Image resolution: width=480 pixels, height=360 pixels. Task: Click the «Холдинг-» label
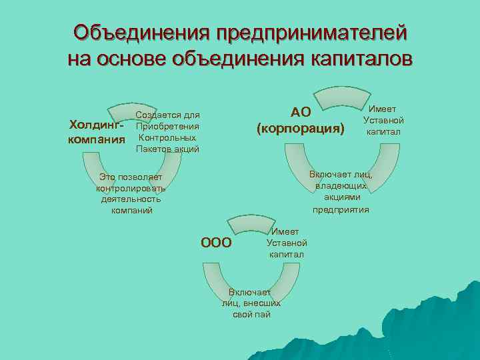point(97,125)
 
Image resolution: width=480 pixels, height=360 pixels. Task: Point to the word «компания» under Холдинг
point(97,139)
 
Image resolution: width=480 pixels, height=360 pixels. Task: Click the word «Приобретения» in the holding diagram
point(167,127)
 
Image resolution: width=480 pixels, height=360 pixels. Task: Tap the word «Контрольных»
point(167,137)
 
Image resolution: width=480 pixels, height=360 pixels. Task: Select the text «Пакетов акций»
point(167,149)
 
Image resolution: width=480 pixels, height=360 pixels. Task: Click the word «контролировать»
point(131,188)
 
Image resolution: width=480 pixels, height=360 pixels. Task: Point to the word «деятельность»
point(131,199)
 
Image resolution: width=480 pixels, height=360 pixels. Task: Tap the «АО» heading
point(301,111)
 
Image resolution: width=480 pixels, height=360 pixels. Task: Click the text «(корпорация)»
point(301,127)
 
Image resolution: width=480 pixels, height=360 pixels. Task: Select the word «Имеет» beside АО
point(383,109)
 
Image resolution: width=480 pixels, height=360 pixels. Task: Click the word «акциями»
point(341,197)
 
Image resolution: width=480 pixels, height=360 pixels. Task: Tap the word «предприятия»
point(341,209)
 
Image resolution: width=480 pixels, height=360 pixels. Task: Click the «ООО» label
point(217,243)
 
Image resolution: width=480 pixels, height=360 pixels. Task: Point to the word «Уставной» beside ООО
point(287,243)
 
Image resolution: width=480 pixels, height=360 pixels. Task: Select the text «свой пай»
point(251,314)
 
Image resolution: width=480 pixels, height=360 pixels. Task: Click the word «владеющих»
point(341,186)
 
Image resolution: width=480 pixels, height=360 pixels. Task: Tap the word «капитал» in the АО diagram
point(383,131)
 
